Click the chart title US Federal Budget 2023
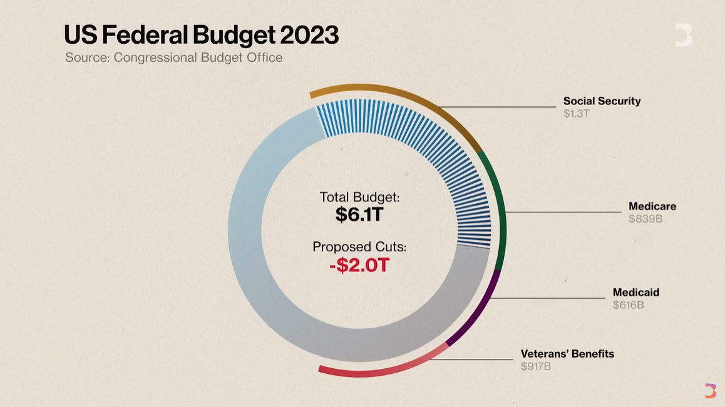point(201,35)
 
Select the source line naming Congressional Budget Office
point(173,58)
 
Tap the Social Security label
point(602,101)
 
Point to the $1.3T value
point(576,114)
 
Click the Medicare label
point(652,206)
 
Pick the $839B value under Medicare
point(645,219)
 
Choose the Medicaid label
point(635,293)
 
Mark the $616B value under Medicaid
point(628,305)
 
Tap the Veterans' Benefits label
point(567,354)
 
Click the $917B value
point(535,366)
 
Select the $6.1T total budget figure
point(359,214)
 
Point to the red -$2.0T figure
point(359,265)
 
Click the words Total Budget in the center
point(359,197)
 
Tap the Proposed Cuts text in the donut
point(359,247)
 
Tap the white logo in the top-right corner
point(683,35)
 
